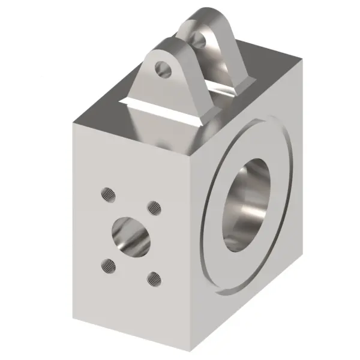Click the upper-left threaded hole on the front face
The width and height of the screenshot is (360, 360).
(108, 193)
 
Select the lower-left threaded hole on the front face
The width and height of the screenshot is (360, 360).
(109, 263)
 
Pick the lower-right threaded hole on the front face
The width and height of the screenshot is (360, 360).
(155, 278)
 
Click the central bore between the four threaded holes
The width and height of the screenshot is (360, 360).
(131, 235)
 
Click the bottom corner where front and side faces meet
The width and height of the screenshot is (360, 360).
(195, 354)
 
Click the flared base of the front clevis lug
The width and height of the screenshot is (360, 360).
(162, 114)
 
